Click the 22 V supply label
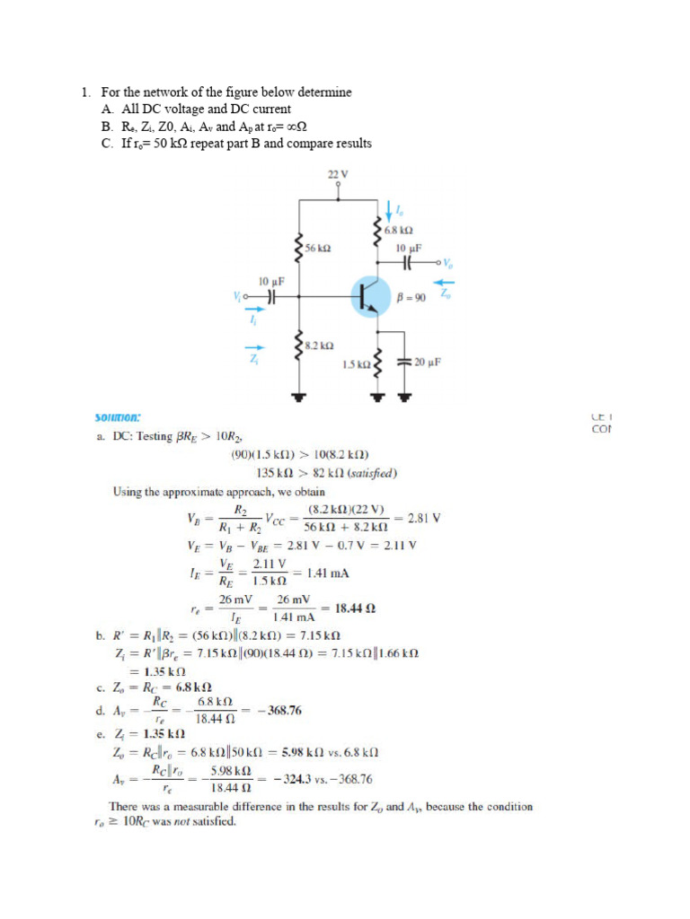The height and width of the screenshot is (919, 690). click(x=338, y=172)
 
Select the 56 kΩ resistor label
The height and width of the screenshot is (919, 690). click(x=317, y=247)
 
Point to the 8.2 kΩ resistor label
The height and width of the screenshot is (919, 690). click(x=320, y=345)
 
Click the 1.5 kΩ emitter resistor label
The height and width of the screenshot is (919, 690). click(x=356, y=364)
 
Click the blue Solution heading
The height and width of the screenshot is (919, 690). click(x=118, y=417)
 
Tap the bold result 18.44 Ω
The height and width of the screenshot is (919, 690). click(x=354, y=608)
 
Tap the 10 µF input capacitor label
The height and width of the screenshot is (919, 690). click(x=271, y=282)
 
